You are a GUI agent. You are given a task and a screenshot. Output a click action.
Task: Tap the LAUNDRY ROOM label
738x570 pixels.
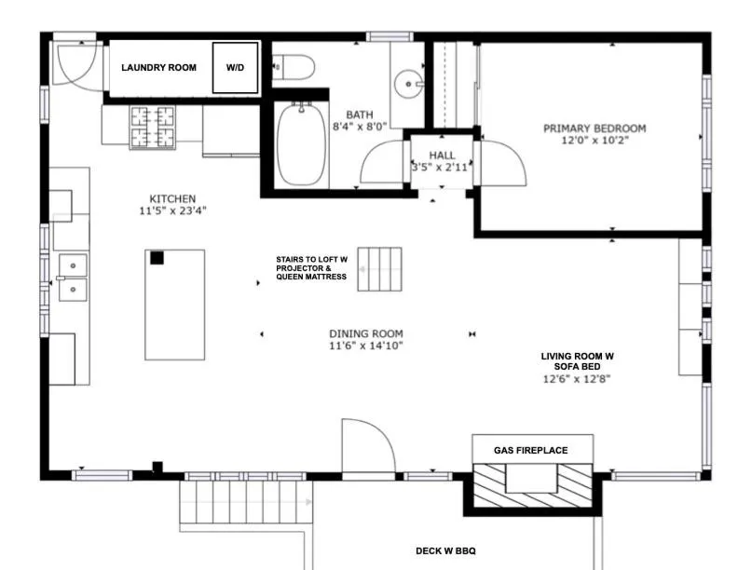(158, 68)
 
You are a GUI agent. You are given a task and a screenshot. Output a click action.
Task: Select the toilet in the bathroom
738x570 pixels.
(294, 67)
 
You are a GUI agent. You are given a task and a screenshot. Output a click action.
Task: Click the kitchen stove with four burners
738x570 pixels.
(152, 127)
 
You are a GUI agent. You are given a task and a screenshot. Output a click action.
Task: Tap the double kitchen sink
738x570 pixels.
(72, 278)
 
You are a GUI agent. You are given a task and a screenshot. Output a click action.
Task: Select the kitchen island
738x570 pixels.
(173, 304)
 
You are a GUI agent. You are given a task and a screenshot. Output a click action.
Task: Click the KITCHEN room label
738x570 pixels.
(172, 198)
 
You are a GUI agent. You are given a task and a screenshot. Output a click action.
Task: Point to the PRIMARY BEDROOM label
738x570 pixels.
(594, 129)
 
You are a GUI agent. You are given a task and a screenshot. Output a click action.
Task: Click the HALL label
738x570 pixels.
(442, 156)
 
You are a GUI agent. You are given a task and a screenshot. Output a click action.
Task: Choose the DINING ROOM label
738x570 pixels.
(365, 333)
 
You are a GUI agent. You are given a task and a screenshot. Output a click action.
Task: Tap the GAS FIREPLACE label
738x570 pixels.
(530, 451)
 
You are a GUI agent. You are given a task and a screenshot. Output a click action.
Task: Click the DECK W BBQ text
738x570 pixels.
(445, 551)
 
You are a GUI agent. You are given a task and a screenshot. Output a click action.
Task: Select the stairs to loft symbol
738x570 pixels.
(379, 269)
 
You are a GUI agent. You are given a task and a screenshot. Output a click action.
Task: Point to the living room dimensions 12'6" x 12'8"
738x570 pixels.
(577, 379)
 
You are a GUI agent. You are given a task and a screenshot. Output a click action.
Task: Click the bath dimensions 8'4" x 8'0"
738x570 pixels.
(360, 127)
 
